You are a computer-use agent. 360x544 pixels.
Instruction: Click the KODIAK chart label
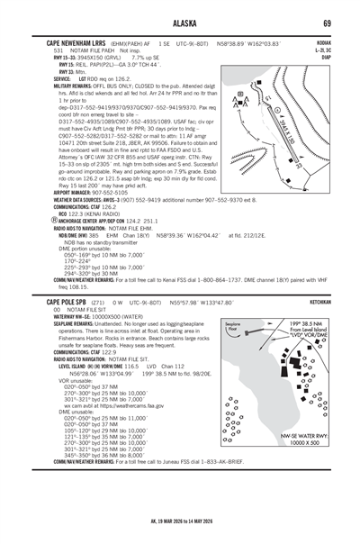pyautogui.click(x=319, y=42)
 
